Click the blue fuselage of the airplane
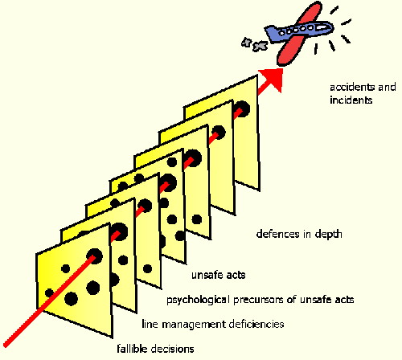point(303,30)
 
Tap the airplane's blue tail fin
point(272,33)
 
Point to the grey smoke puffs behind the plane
point(254,44)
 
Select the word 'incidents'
point(351,100)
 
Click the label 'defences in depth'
point(299,234)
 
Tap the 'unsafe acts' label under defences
point(219,275)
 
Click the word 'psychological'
point(198,300)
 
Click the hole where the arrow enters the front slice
point(94,256)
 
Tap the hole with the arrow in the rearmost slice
point(242,109)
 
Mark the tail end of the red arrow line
point(6,345)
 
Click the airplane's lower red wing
point(290,50)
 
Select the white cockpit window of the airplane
point(322,27)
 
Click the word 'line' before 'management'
point(150,324)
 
